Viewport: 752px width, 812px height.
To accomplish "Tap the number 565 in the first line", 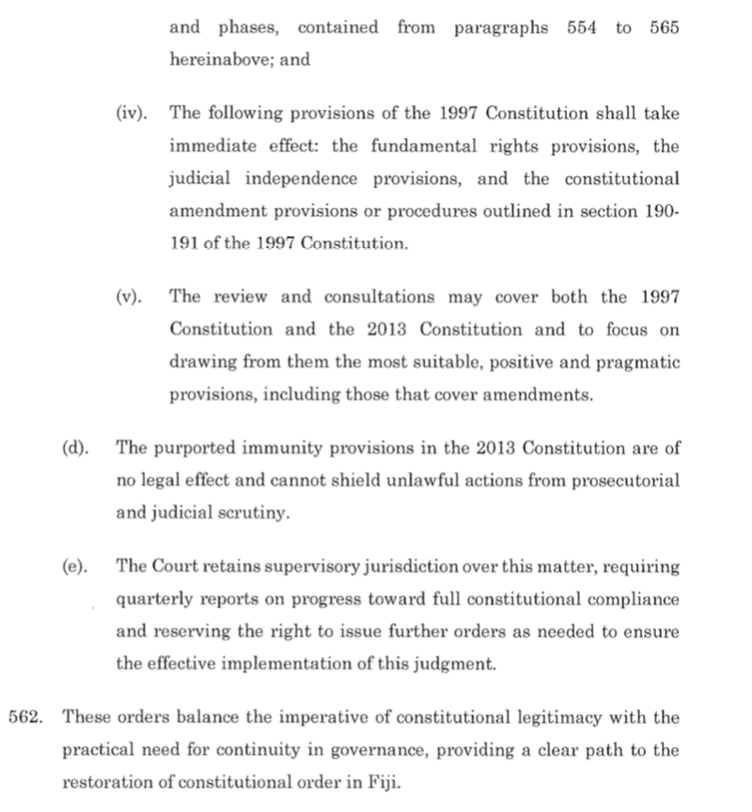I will (x=664, y=28).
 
